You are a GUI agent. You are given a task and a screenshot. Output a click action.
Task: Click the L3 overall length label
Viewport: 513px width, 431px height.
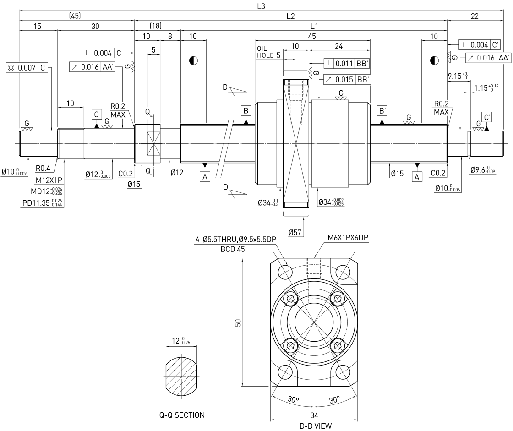point(261,6)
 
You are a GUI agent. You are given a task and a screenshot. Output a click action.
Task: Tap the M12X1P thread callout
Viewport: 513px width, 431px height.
point(49,180)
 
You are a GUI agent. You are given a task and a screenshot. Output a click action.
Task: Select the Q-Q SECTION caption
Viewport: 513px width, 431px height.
point(182,415)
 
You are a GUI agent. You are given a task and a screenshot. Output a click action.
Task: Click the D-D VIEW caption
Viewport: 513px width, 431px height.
point(316,426)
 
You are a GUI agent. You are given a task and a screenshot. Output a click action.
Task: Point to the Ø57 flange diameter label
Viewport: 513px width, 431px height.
point(295,232)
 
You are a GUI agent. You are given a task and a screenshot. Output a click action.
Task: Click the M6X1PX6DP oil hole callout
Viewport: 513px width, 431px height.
point(348,238)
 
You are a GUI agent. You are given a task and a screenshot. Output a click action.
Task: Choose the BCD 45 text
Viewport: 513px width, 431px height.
point(233,249)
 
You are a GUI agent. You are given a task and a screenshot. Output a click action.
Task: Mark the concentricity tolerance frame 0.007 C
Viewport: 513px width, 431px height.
point(27,68)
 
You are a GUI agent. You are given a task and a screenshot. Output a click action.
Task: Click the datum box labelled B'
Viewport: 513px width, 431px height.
point(382,111)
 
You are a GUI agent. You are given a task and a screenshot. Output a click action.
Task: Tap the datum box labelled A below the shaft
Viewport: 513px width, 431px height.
point(205,177)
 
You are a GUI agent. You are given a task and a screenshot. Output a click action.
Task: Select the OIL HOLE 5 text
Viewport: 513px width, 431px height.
point(268,52)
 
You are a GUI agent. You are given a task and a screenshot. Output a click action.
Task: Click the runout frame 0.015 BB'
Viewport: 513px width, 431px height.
point(347,80)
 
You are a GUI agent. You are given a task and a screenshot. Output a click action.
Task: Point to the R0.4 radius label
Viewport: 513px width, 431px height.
point(43,168)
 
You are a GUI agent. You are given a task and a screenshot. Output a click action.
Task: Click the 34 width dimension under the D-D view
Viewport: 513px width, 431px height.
point(314,415)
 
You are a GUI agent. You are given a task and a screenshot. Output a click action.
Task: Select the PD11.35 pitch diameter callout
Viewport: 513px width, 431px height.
point(42,203)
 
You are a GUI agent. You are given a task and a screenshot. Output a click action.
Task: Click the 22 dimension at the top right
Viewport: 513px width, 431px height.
point(475,16)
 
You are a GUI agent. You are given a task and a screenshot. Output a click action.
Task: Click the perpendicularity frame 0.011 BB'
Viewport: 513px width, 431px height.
point(347,64)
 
